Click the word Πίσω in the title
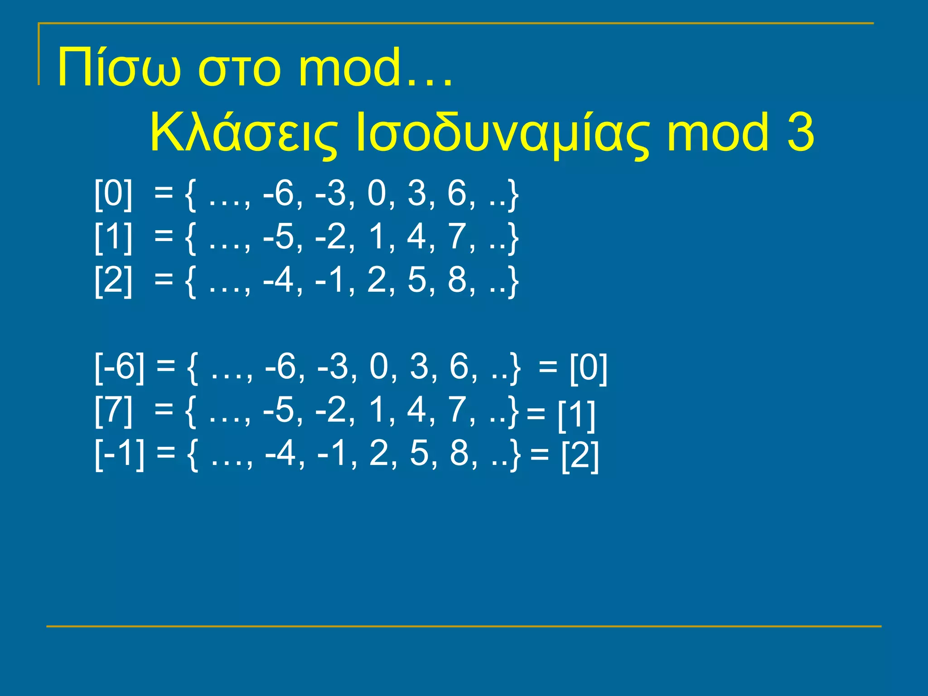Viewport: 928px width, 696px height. coord(119,68)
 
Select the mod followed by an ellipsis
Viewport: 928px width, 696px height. coord(374,68)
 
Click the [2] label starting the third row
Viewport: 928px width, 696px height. coord(113,280)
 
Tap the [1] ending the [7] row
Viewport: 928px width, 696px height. coord(576,414)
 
